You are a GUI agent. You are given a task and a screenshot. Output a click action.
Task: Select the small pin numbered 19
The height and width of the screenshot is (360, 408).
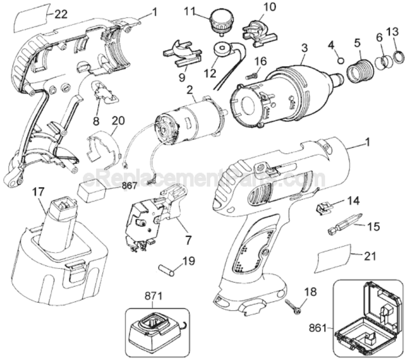coord(167,270)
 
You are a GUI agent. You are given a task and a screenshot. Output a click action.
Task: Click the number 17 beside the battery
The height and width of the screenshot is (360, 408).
coord(38,192)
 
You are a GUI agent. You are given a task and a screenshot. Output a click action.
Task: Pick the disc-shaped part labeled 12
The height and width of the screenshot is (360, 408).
coord(222,49)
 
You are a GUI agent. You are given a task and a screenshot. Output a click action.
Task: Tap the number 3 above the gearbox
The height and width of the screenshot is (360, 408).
coord(304,48)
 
